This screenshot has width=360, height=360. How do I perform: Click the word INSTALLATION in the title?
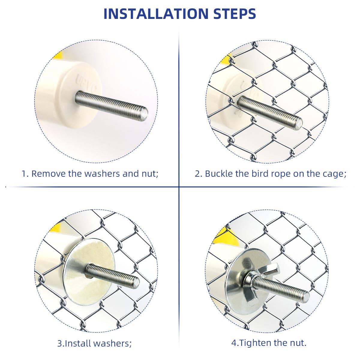[156, 13]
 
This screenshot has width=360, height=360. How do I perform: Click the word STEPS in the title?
[235, 13]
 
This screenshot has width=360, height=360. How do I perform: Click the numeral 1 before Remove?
[24, 174]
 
